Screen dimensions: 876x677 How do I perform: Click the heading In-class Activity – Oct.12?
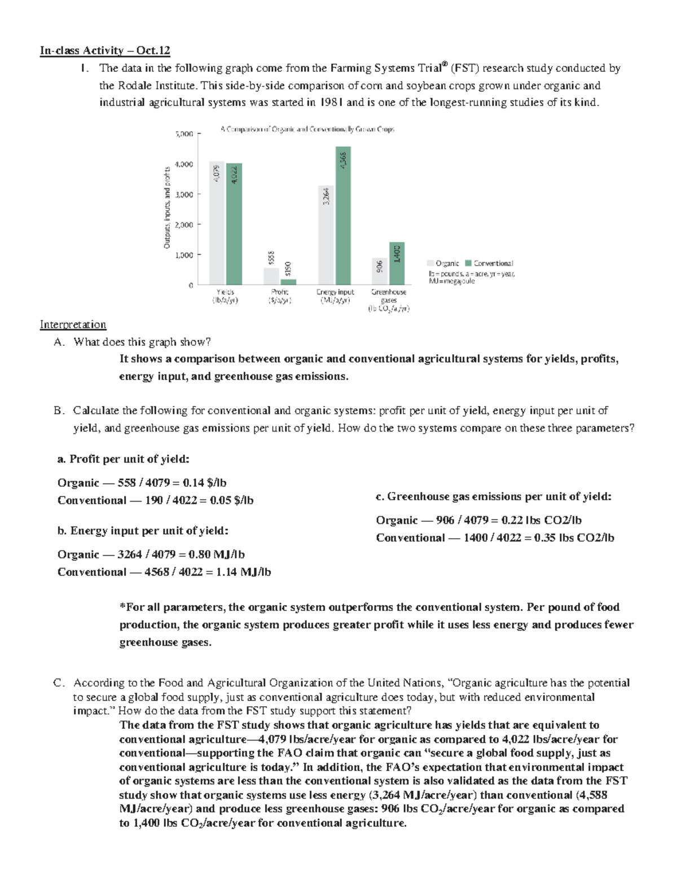pos(104,51)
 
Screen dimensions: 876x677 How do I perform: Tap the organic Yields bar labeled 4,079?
pos(216,223)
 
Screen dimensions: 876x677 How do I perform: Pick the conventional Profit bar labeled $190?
pos(288,281)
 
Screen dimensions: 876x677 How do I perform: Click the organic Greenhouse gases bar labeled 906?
pos(380,271)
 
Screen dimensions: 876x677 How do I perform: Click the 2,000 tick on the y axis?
pos(184,224)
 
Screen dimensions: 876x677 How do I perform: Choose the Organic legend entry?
pos(443,263)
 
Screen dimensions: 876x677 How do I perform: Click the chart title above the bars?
pos(307,129)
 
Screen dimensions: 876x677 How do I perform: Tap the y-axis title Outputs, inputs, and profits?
pos(167,207)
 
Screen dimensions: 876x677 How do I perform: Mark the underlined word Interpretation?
pos(73,324)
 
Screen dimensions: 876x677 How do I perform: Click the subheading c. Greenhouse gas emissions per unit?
pos(493,496)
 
